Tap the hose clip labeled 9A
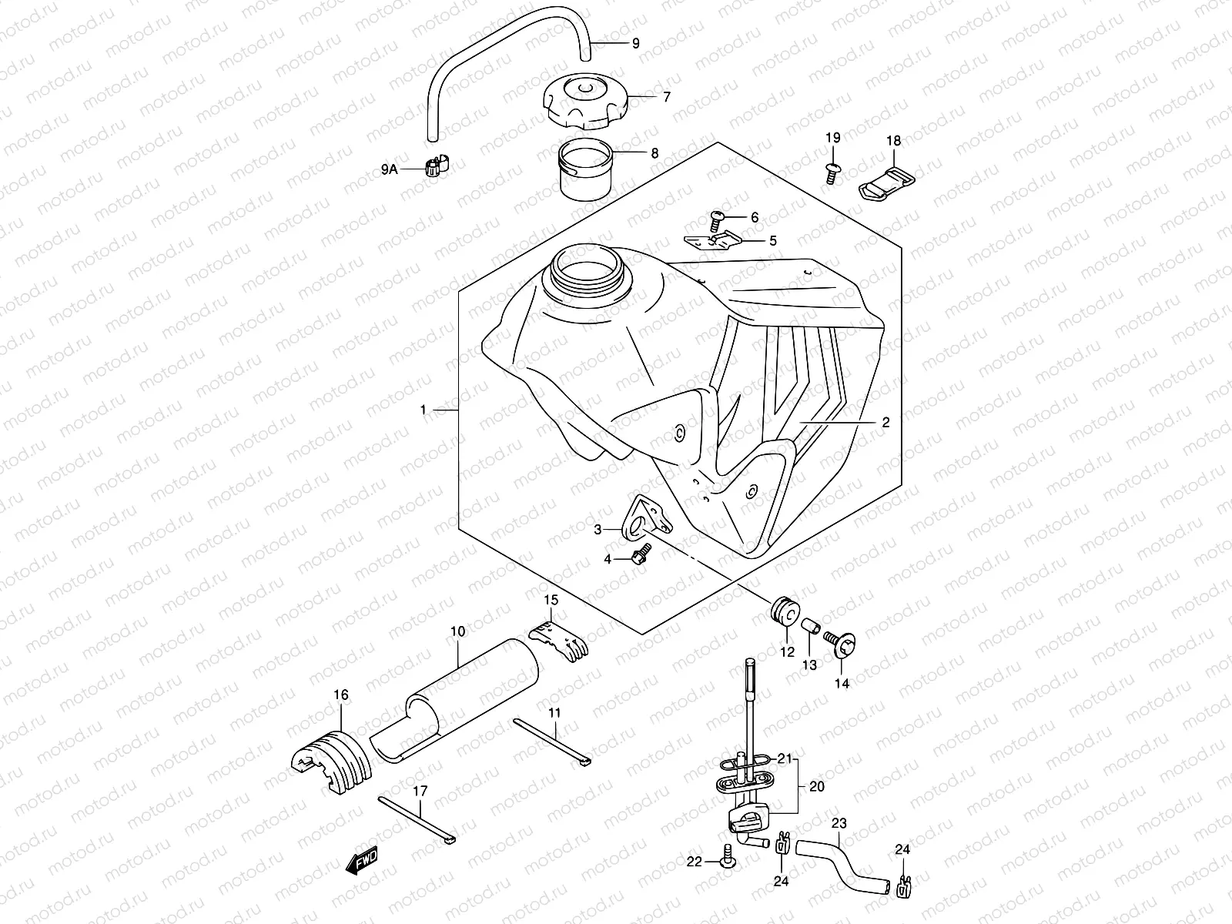(437, 165)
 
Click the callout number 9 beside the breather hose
(635, 44)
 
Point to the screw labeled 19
(831, 171)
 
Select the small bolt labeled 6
(715, 223)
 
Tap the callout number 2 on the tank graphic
(885, 423)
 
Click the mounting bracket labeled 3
(644, 519)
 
